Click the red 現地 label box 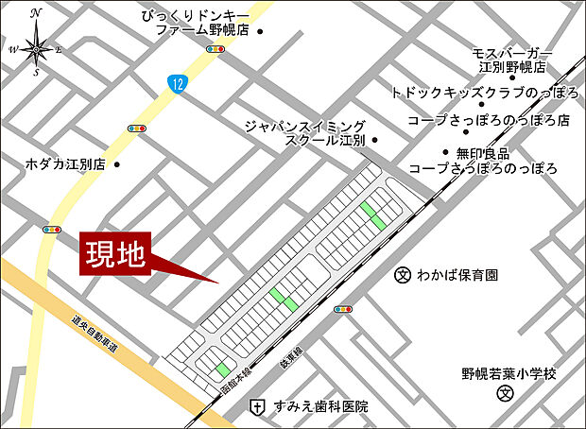tap(116, 254)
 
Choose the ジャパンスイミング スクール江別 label tap(305, 132)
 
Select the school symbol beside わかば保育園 tap(401, 276)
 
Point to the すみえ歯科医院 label tap(319, 406)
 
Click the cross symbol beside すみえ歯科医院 tap(256, 406)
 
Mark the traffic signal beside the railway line tap(343, 309)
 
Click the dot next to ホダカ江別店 tap(116, 163)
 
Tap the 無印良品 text tap(482, 152)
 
